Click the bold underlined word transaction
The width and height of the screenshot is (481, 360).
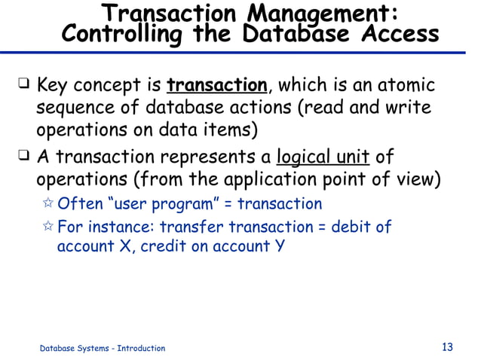(217, 85)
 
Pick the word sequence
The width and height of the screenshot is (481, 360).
(75, 108)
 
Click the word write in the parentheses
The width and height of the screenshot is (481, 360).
(409, 108)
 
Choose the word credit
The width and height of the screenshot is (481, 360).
(160, 246)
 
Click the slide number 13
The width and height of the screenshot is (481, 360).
(447, 347)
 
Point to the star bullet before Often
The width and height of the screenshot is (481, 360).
(48, 204)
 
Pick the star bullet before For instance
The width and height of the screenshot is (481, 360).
(48, 227)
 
